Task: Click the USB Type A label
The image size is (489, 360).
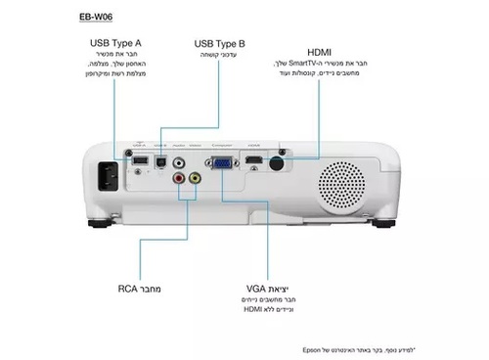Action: pyautogui.click(x=114, y=44)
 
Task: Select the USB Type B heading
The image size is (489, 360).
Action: pyautogui.click(x=220, y=44)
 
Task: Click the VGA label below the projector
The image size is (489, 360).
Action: pyautogui.click(x=256, y=290)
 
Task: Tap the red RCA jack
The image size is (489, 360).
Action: pyautogui.click(x=179, y=179)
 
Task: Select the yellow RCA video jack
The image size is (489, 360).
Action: pyautogui.click(x=195, y=179)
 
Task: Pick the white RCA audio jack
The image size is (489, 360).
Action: pyautogui.click(x=179, y=163)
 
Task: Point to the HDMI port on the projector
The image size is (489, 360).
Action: pyautogui.click(x=253, y=159)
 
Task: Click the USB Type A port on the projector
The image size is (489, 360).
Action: pyautogui.click(x=140, y=159)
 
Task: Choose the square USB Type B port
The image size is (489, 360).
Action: pyautogui.click(x=159, y=162)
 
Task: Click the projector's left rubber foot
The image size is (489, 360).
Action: pyautogui.click(x=100, y=222)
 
